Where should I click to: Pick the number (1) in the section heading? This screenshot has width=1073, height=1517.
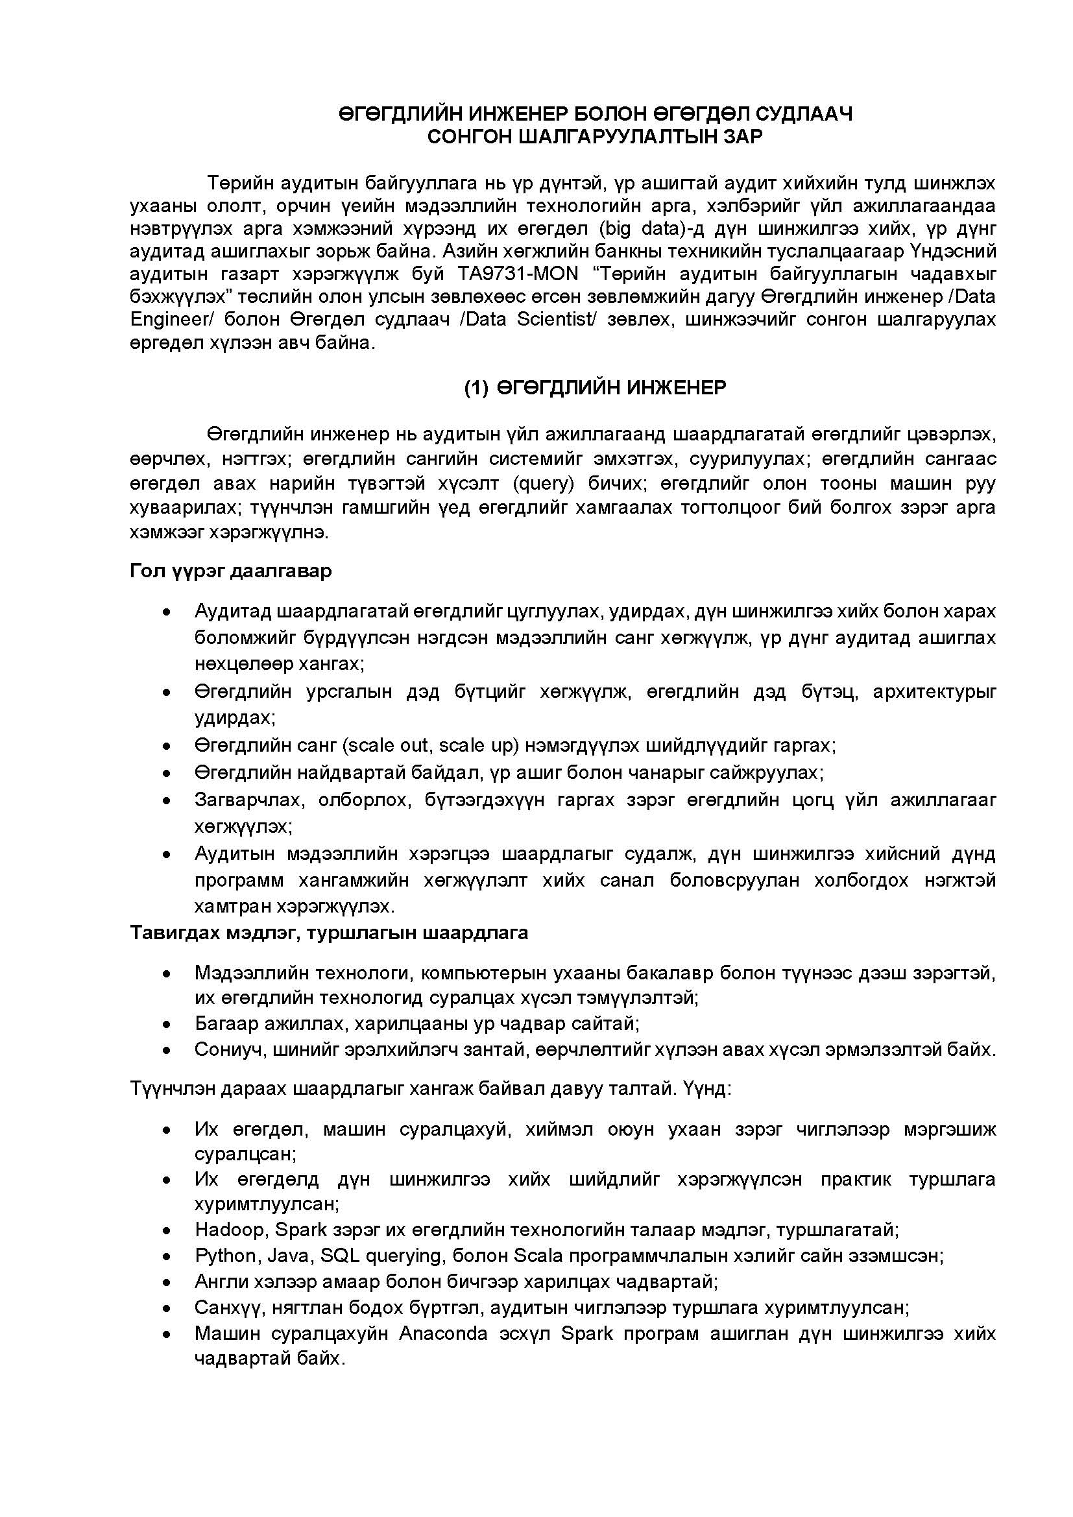click(476, 388)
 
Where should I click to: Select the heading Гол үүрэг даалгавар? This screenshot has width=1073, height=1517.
click(230, 571)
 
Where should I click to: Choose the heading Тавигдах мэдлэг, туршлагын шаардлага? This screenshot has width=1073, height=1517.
click(329, 933)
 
